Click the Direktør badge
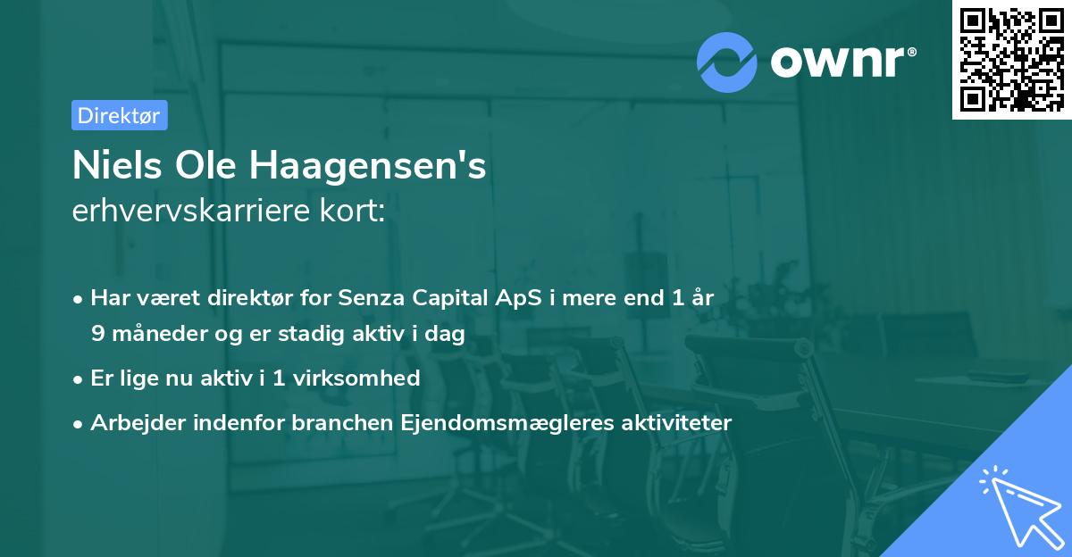click(119, 115)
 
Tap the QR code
click(1011, 59)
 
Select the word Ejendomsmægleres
click(491, 422)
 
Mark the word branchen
click(334, 422)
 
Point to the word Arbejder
click(133, 422)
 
